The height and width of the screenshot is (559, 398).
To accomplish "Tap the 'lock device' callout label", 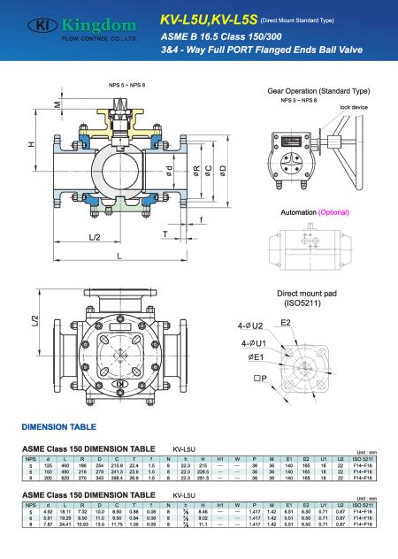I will pyautogui.click(x=353, y=107).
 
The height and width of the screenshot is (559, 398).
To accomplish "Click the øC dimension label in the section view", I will pyautogui.click(x=208, y=168).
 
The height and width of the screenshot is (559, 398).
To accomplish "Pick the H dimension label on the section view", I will pyautogui.click(x=31, y=144).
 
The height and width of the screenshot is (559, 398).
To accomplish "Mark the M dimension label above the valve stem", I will pyautogui.click(x=58, y=104).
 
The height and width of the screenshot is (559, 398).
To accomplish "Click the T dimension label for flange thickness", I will pyautogui.click(x=165, y=234).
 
